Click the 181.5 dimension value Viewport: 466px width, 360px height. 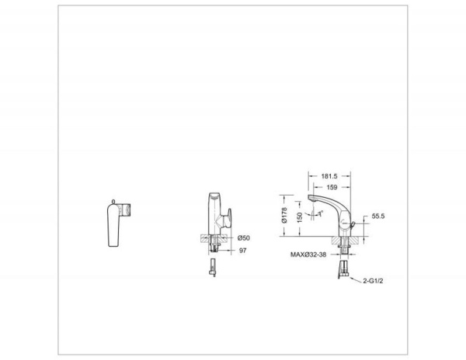[329, 176]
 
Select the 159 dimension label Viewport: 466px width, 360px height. [332, 187]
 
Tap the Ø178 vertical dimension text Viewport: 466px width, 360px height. [284, 215]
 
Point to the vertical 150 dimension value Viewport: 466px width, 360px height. [300, 217]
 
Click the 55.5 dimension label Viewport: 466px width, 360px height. [378, 216]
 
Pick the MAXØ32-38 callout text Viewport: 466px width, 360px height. [308, 254]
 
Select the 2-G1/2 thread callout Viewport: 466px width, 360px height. [373, 281]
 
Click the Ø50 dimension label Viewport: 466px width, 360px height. [244, 238]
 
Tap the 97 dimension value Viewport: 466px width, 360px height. [243, 251]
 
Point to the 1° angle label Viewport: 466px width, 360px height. [321, 213]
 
